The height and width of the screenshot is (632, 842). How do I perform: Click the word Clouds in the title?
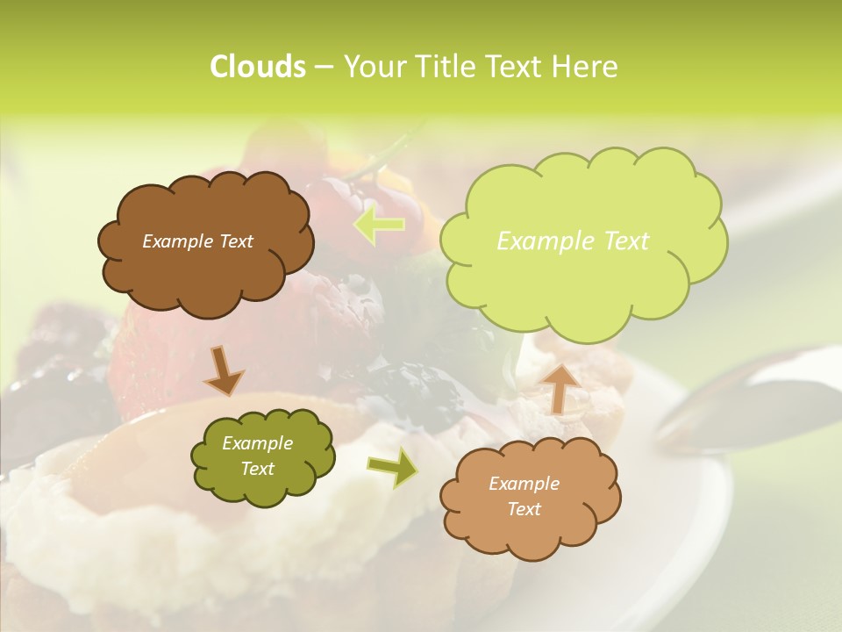tap(257, 67)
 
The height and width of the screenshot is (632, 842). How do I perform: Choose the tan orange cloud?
tap(530, 497)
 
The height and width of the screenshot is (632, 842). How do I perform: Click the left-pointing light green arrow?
tap(379, 225)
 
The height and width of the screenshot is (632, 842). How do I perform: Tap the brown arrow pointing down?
tap(223, 370)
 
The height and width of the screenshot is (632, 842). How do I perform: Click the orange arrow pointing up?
tap(558, 386)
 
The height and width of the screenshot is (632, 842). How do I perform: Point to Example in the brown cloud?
tap(176, 241)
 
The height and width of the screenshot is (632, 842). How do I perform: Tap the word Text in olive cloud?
tap(257, 469)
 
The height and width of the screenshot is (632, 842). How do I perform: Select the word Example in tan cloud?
tap(524, 484)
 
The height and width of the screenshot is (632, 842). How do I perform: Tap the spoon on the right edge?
tap(754, 395)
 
